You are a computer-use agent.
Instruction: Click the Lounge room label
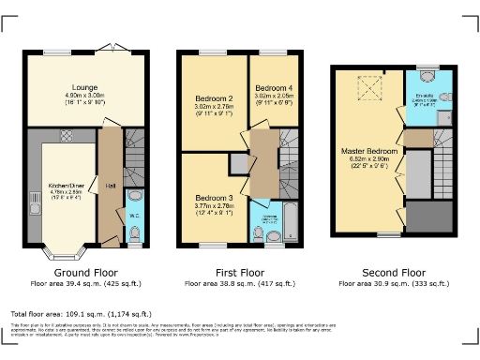(x=72, y=87)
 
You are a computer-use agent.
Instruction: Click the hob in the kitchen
(x=67, y=137)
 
